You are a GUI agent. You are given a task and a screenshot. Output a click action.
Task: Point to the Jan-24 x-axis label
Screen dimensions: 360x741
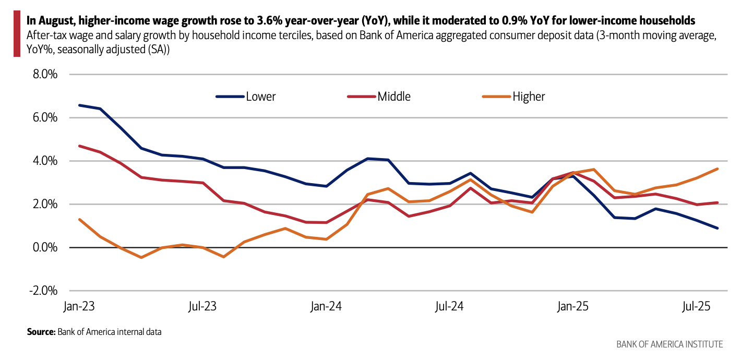326,307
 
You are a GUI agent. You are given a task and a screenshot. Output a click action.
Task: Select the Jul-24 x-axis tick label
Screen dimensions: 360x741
450,307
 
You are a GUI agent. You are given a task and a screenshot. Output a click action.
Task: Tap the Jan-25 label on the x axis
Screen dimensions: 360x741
573,307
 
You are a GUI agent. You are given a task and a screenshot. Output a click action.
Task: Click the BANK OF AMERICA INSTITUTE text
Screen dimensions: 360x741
670,344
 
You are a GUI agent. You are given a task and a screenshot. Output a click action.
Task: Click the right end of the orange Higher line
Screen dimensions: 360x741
718,169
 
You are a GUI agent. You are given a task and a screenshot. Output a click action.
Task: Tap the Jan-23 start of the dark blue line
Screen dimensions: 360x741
79,105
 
